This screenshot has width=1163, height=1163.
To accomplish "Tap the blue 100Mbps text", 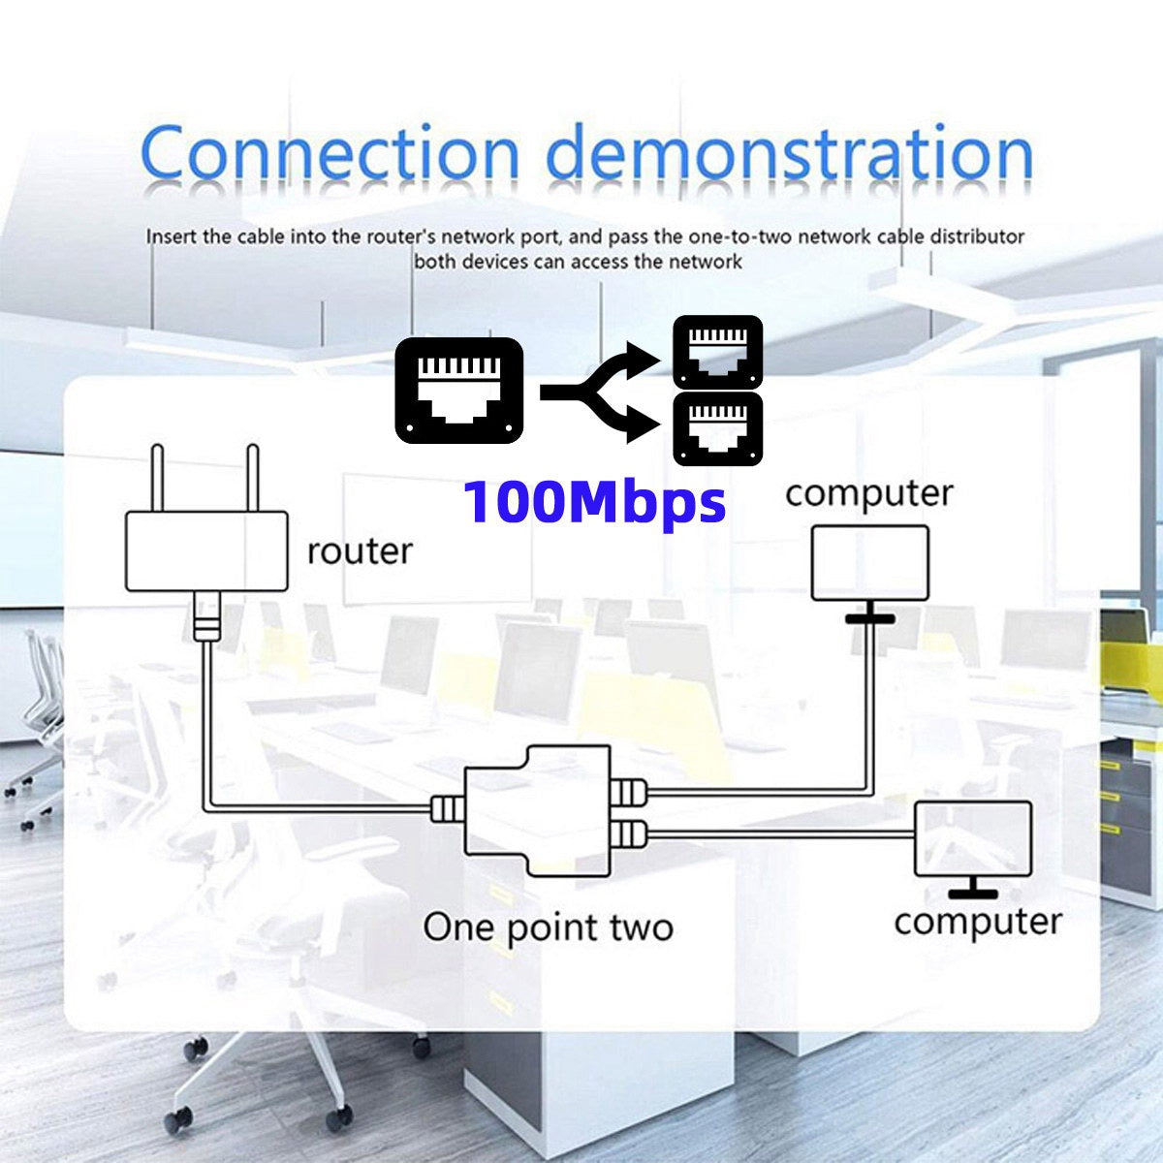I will point(594,502).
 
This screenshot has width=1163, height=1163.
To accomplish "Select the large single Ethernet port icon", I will point(458,391).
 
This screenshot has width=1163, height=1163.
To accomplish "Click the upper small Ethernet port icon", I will point(717,352).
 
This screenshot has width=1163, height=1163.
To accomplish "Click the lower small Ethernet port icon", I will point(717,429).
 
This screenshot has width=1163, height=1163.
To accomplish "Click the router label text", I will point(360,550).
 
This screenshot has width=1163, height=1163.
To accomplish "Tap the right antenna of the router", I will point(252,478).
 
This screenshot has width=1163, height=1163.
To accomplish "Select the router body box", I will point(206,550).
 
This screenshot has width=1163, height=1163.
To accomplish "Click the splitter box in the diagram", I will point(538,811).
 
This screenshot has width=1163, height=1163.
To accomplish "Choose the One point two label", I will point(548,927).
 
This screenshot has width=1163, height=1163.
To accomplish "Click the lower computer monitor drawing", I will point(973,839).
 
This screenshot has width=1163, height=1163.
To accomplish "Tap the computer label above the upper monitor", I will point(869,493).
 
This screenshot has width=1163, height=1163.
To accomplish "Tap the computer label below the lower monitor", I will point(977,921).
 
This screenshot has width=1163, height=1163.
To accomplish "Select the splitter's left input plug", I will point(447,807).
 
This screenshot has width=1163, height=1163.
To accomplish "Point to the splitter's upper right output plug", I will point(629,792).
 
